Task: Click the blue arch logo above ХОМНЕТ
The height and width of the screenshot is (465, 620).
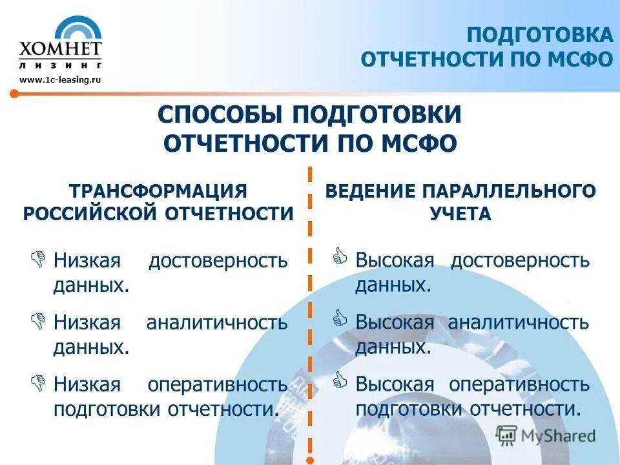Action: tap(78, 30)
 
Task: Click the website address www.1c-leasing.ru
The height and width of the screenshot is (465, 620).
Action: tap(61, 79)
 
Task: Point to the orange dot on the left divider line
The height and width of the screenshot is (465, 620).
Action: tap(14, 94)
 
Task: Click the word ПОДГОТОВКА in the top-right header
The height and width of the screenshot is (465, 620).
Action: tap(539, 35)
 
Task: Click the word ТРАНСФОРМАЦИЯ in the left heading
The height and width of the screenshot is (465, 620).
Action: tap(158, 191)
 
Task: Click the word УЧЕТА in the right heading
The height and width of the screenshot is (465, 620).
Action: tap(460, 214)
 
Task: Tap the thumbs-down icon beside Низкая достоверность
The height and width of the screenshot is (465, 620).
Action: tap(38, 258)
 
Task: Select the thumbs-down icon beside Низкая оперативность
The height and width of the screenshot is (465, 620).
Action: tap(38, 382)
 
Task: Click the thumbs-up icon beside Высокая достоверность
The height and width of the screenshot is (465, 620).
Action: tap(340, 258)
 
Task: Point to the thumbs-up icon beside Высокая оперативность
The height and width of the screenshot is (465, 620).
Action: tap(340, 382)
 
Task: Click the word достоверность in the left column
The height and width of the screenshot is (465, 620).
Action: tap(218, 261)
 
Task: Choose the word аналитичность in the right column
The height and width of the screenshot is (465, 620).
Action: tap(518, 322)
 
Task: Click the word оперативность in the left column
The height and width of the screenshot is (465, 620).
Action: tap(218, 385)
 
